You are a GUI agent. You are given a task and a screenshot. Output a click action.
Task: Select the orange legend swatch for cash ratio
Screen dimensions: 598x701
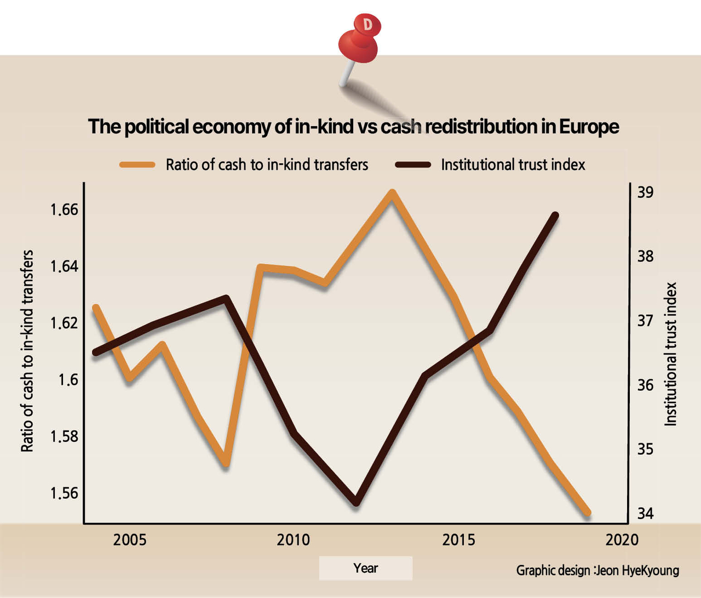[137, 164]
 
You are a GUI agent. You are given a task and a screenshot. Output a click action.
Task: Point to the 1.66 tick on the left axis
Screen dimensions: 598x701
[64, 209]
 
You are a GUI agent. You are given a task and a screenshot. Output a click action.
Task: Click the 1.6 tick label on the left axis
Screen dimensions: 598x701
[68, 379]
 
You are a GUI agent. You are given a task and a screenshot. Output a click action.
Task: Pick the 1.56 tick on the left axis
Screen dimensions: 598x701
[64, 493]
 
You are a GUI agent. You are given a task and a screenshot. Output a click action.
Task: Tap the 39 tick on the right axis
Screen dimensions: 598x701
[645, 192]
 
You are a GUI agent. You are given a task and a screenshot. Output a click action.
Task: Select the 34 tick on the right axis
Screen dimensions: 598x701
[645, 513]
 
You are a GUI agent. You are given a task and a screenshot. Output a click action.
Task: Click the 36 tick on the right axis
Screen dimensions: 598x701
[645, 385]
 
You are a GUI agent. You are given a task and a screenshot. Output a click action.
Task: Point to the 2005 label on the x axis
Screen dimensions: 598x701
[130, 540]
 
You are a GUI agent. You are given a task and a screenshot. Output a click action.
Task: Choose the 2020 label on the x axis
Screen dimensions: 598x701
[622, 540]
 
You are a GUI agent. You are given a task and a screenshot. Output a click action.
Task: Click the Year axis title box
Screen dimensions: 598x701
[365, 568]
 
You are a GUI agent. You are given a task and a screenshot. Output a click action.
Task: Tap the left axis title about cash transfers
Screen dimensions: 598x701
[27, 351]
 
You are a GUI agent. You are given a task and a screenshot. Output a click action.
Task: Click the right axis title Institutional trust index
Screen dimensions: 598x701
[671, 354]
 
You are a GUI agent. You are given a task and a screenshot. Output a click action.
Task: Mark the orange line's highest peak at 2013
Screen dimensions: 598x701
[392, 193]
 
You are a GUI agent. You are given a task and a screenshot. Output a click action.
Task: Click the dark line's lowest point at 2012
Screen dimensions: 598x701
[357, 502]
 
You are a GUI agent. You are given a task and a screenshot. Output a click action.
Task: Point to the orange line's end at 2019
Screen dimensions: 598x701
[588, 512]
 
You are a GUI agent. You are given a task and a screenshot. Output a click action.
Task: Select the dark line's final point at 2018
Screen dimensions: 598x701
[555, 215]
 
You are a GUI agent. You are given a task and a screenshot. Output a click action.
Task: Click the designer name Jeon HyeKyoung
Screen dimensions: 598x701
[637, 571]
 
